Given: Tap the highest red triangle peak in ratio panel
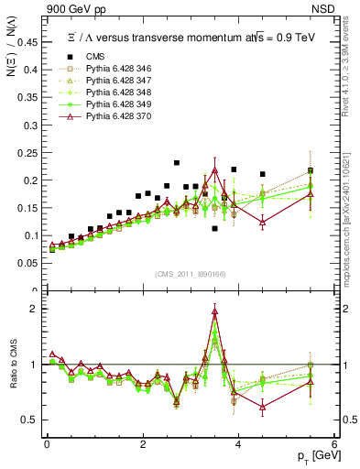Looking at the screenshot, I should click(214, 311).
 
